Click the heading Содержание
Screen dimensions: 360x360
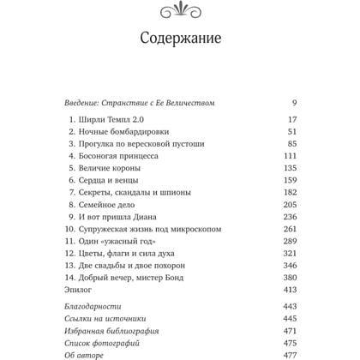(179, 39)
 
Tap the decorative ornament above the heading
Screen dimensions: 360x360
(179, 9)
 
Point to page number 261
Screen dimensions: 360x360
(289, 230)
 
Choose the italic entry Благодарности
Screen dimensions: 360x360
(93, 306)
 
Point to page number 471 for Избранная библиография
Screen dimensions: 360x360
(289, 330)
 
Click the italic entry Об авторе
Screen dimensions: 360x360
(84, 354)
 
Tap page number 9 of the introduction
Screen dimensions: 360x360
(293, 103)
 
